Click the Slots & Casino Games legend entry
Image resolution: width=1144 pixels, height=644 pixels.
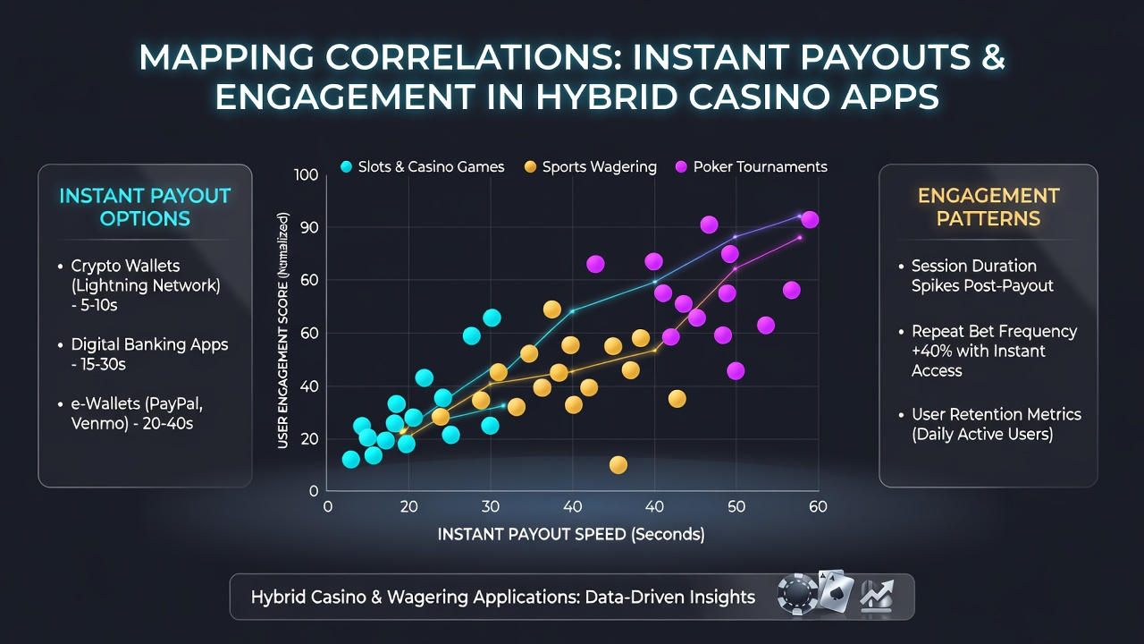click(422, 166)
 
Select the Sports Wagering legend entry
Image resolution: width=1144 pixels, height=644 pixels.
click(591, 166)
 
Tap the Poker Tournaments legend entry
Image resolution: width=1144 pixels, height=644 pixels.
click(752, 166)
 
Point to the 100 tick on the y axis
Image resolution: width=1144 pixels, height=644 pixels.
click(306, 174)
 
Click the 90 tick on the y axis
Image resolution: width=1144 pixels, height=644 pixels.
click(309, 227)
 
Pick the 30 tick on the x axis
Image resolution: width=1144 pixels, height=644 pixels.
click(491, 506)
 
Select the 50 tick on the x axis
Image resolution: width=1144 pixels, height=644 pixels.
click(736, 506)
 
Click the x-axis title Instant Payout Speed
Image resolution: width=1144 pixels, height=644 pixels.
click(571, 534)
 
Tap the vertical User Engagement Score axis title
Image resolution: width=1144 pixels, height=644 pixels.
click(282, 331)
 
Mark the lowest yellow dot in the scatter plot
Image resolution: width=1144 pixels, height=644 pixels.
click(618, 464)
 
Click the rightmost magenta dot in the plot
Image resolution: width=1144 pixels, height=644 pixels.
click(810, 220)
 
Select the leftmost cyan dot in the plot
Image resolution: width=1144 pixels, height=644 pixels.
click(350, 459)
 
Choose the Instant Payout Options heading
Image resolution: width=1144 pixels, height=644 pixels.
click(145, 207)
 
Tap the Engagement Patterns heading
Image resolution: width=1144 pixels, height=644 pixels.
click(988, 207)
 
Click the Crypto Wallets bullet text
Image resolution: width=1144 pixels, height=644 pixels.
click(146, 285)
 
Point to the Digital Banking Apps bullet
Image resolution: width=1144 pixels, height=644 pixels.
click(149, 353)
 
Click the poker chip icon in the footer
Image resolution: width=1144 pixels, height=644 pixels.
click(797, 595)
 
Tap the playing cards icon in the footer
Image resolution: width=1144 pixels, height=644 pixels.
click(836, 591)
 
